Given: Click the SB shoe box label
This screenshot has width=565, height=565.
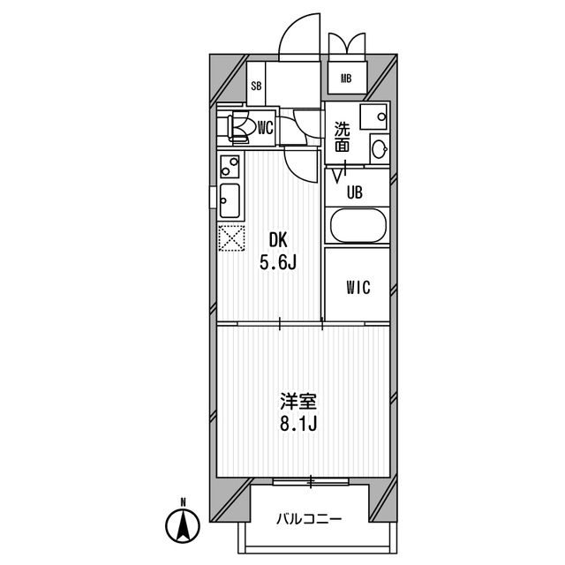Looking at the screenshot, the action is point(256,87).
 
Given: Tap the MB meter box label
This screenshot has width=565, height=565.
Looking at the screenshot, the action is point(346,79).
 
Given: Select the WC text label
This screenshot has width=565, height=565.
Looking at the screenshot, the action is point(265,127).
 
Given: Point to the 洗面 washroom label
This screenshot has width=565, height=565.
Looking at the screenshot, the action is point(342,137).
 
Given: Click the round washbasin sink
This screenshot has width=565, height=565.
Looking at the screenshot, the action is point(380,147).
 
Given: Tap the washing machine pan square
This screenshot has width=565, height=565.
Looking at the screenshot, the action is point(373,117).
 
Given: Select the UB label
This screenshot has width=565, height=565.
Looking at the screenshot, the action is point(355,192).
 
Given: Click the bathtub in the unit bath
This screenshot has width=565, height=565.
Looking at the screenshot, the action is point(358,225).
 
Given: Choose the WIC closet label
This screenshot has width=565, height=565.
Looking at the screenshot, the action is point(358,288).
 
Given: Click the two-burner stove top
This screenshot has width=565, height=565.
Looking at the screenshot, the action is point(230,166).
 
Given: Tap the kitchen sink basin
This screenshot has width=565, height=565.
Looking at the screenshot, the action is point(230,200).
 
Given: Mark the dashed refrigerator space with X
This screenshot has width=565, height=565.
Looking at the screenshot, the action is point(231,237).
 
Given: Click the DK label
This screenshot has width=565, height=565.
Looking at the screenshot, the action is point(278,240).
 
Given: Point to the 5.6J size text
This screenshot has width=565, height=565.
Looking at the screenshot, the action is point(278,263).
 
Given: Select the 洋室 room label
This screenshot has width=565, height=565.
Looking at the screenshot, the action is point(298,402).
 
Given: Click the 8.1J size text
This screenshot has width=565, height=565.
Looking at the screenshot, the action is point(298,425).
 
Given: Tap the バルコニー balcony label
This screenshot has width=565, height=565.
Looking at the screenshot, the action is point(309,519).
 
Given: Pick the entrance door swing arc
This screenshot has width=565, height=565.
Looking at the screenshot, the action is point(299,37).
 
